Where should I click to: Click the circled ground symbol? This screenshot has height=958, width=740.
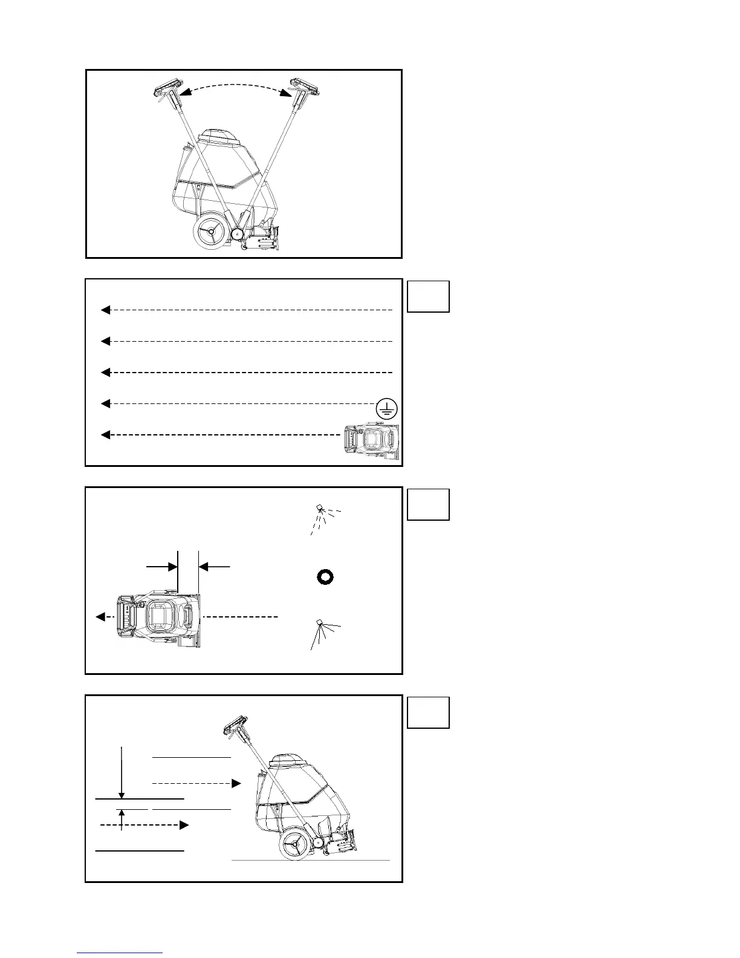tap(387, 410)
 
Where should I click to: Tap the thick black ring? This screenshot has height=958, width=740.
tap(325, 576)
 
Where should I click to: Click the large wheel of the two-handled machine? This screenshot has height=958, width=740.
tap(210, 230)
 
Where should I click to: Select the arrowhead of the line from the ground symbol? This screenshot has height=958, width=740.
tap(105, 403)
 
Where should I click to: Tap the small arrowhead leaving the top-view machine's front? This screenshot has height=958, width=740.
tap(100, 617)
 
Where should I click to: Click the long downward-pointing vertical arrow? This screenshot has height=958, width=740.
tap(122, 774)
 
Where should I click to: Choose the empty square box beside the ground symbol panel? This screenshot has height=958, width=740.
tap(428, 296)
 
